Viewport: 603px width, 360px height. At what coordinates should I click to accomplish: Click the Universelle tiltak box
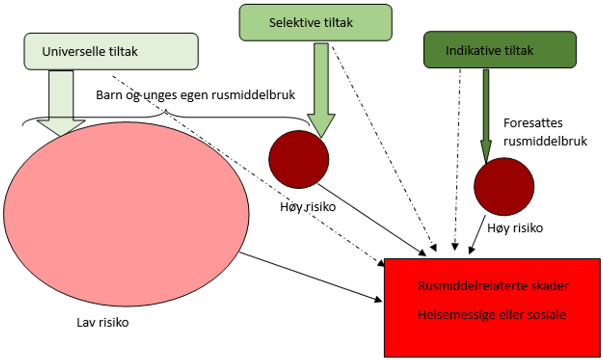[111, 51]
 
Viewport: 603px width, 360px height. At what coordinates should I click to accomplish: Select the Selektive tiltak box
[316, 23]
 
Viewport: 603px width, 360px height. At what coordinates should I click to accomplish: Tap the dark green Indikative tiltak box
[500, 50]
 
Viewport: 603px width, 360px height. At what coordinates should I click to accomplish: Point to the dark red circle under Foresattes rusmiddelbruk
[504, 186]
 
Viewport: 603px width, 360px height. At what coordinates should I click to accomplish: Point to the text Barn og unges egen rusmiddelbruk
[195, 95]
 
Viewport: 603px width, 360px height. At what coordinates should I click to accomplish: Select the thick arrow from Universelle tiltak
[61, 103]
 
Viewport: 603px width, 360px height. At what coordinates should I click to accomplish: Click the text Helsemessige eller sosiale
[492, 315]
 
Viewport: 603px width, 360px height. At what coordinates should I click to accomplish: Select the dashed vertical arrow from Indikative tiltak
[458, 154]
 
